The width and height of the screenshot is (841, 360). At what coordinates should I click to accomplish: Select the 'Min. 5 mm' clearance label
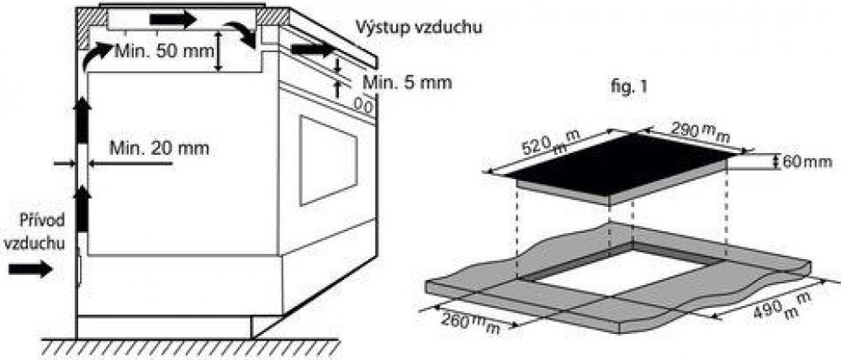[x=408, y=82]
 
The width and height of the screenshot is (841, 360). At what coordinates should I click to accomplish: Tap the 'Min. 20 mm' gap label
[x=159, y=149]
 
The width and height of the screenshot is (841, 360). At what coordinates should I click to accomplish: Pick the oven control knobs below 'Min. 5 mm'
[x=362, y=105]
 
